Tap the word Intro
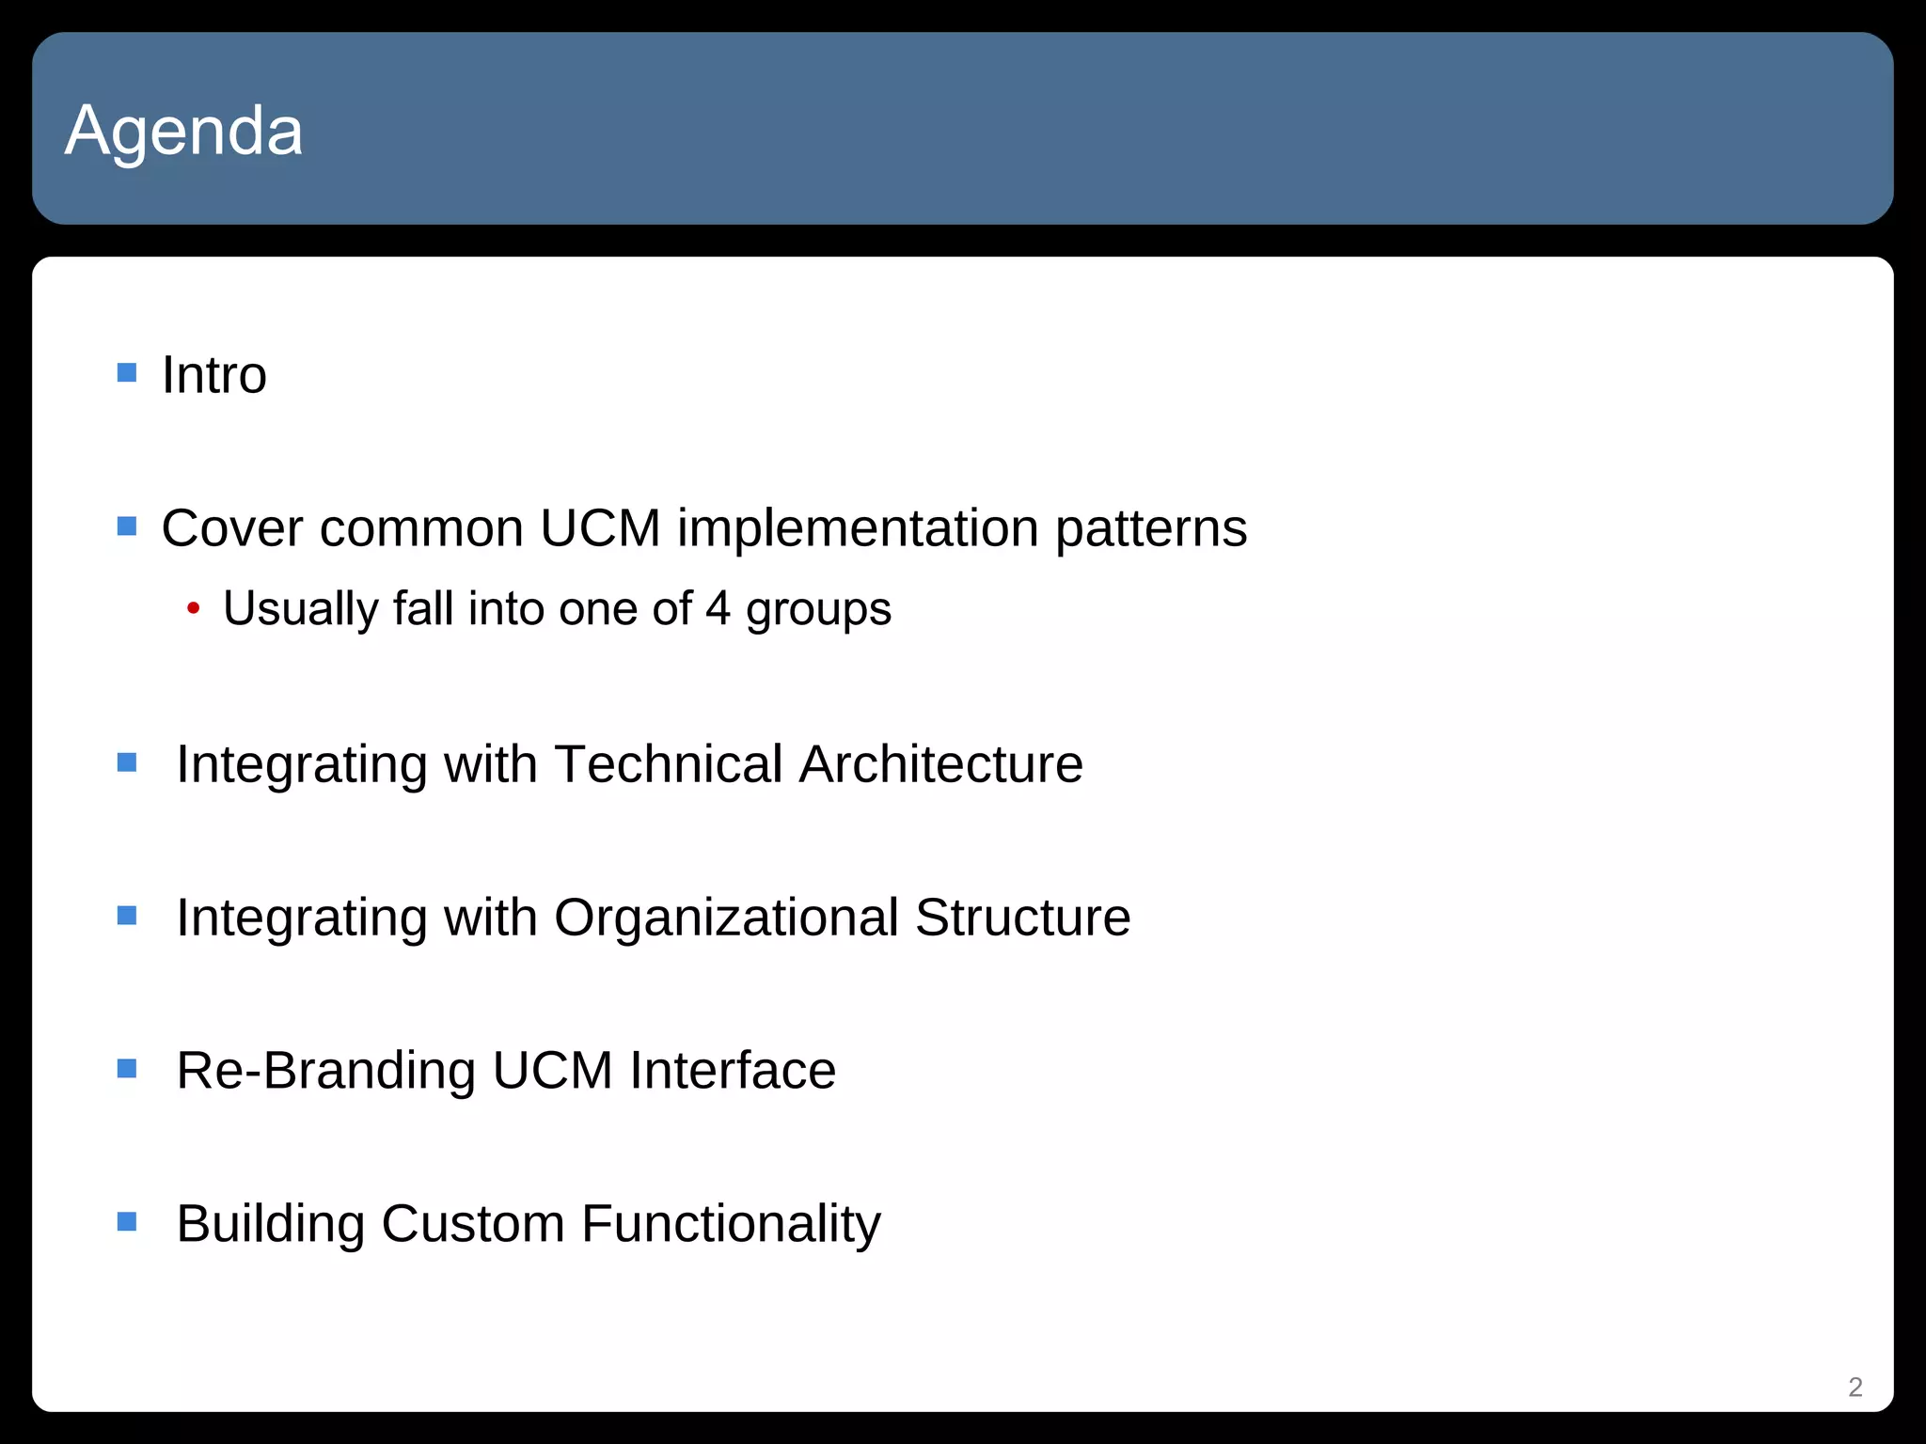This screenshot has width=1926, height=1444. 214,375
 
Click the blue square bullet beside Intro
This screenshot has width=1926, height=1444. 127,373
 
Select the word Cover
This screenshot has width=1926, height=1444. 232,528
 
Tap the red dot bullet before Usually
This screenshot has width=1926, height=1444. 193,609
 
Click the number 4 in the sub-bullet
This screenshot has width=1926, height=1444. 718,609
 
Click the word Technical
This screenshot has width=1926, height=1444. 669,763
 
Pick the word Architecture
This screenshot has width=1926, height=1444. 940,763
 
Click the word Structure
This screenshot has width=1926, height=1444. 1022,918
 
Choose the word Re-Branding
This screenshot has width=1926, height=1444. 326,1071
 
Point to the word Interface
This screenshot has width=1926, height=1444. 733,1071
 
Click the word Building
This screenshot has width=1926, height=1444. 271,1225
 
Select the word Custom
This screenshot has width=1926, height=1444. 473,1224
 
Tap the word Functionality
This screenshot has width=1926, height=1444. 731,1225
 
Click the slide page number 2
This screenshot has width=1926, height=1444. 1855,1387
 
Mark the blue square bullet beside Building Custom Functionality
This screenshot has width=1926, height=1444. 127,1221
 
